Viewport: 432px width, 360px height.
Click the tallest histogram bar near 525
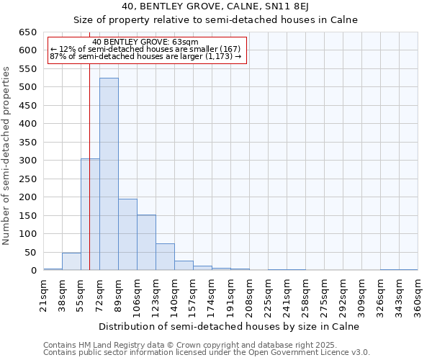click(x=109, y=174)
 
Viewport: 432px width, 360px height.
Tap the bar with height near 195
click(x=127, y=235)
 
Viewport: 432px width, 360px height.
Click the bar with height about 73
click(x=165, y=257)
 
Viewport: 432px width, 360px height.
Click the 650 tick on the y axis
click(x=27, y=32)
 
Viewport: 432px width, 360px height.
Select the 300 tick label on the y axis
click(x=27, y=161)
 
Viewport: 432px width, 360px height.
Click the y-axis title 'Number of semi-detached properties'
click(x=6, y=155)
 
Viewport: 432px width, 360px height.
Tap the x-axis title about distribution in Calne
click(x=229, y=326)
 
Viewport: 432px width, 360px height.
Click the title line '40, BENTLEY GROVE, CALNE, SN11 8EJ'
click(x=216, y=6)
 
